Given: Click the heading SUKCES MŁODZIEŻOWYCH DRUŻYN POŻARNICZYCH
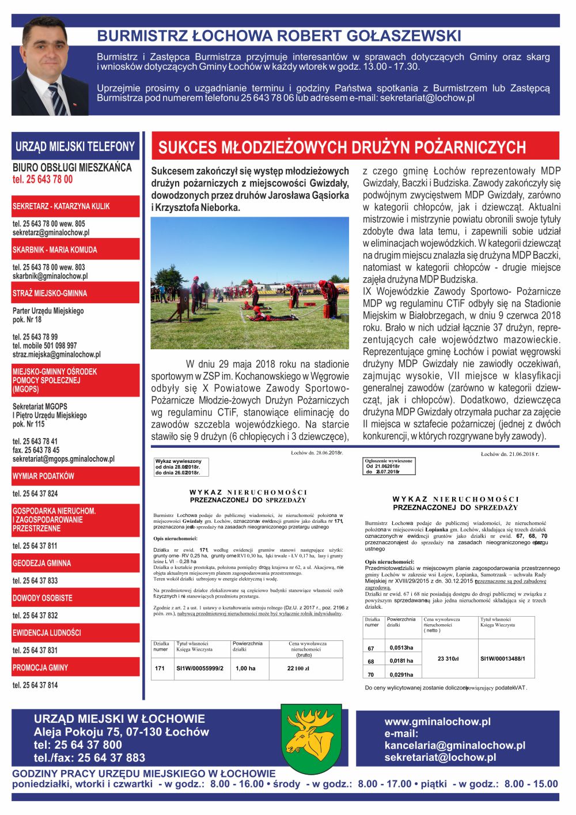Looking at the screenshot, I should click(x=342, y=148).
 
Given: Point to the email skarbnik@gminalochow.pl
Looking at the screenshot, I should click(x=50, y=276).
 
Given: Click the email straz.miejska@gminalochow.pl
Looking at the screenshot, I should click(x=56, y=354).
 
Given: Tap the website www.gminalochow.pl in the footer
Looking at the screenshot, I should click(x=437, y=722).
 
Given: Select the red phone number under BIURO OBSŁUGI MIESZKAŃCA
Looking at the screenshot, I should click(x=43, y=179).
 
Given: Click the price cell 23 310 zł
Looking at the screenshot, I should click(x=448, y=659).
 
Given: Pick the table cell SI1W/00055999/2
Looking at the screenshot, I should click(x=200, y=669).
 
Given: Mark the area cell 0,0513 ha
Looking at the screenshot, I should click(x=401, y=648).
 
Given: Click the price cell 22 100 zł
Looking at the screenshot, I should click(x=298, y=669).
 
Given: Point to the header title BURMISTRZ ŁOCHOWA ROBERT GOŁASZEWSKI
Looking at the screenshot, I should click(x=279, y=36).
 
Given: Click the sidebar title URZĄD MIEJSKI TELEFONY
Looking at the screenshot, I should click(x=75, y=146).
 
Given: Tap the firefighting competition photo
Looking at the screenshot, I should click(x=250, y=282).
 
